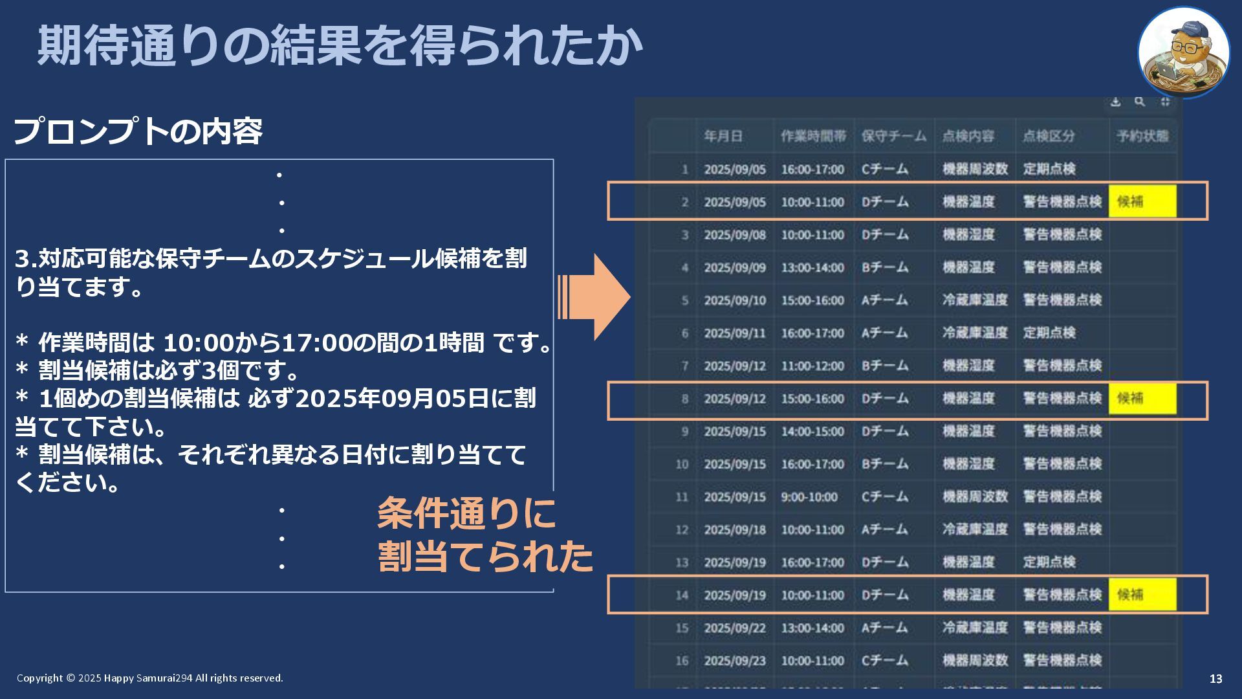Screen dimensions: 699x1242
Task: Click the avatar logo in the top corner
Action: coord(1183,52)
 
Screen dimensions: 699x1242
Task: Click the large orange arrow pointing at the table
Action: coord(595,297)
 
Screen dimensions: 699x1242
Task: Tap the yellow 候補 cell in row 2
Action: coord(1142,201)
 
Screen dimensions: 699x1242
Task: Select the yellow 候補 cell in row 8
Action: coord(1142,398)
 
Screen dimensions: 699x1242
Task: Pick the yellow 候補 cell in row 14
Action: coord(1142,594)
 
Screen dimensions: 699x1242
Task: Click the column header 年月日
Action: coord(723,136)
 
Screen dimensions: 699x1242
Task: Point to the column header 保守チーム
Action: coord(893,136)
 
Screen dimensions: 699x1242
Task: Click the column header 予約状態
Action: coord(1142,136)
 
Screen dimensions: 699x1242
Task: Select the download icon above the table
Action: coord(1115,102)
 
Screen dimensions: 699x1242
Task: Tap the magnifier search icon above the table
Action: coord(1140,102)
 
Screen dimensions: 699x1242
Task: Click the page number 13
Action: coord(1215,678)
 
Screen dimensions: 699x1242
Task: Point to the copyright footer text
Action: coord(150,678)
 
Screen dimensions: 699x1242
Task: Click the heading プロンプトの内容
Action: coord(138,131)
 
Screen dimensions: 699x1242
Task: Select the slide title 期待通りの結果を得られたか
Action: coord(340,45)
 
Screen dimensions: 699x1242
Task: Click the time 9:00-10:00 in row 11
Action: coord(809,497)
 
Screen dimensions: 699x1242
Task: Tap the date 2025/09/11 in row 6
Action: coord(734,333)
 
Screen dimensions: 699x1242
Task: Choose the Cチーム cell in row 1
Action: coord(884,169)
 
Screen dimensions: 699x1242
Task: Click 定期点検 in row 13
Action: coord(1049,562)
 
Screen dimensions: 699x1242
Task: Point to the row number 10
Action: coord(682,464)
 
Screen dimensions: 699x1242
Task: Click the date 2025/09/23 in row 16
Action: coord(734,661)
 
